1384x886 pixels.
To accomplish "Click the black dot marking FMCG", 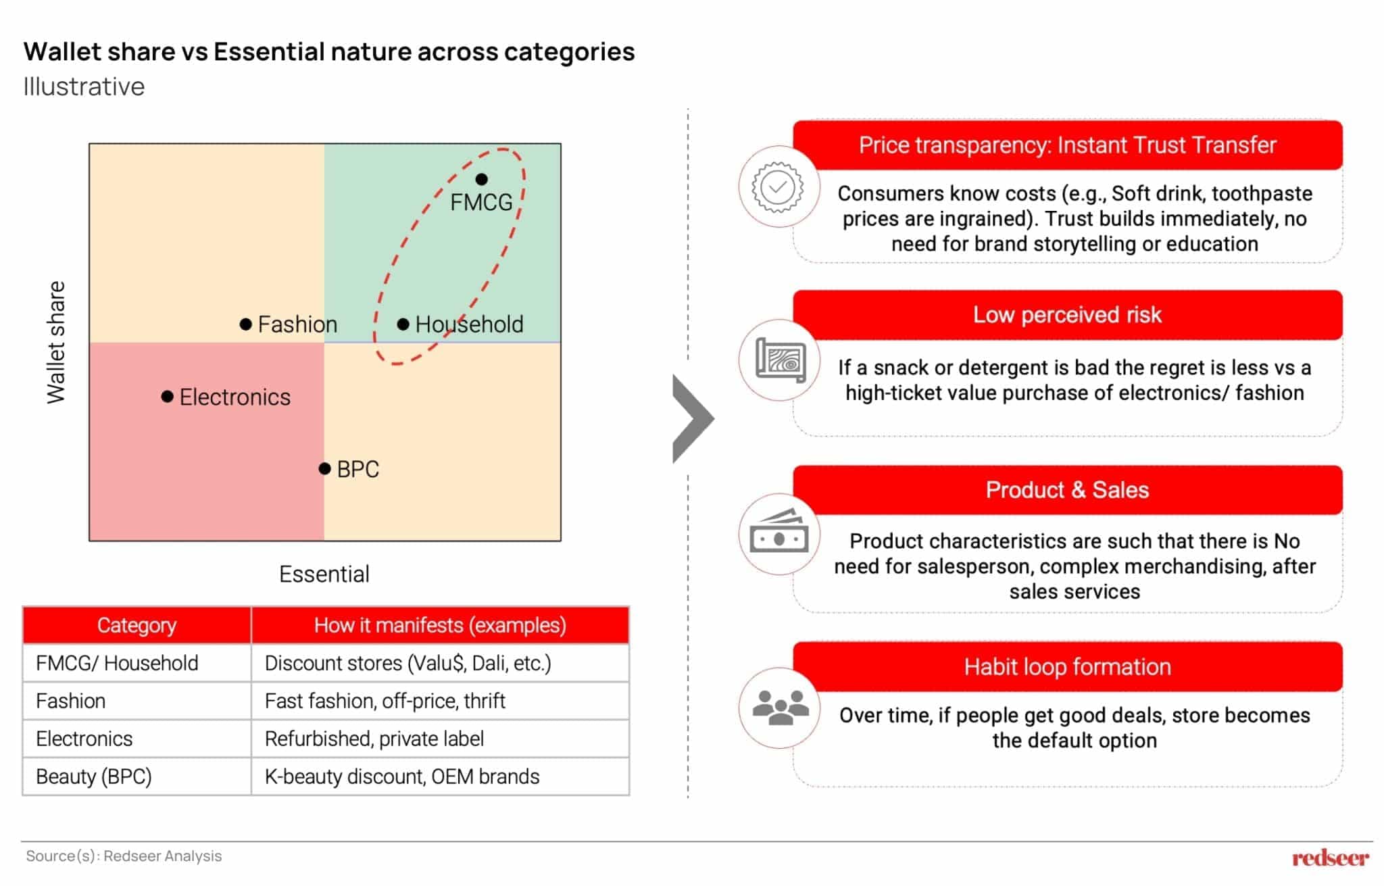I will click(481, 179).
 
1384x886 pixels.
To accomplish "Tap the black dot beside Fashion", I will click(246, 324).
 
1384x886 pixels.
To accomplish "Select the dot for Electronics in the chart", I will click(167, 397).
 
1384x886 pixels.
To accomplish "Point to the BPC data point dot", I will click(324, 468).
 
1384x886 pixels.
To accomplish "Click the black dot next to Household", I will click(403, 324).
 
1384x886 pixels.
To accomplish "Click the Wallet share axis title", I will click(56, 342).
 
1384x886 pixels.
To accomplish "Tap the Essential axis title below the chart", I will click(324, 574).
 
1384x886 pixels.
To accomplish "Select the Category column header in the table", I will click(137, 625).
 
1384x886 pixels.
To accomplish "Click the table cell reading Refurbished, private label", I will click(374, 739).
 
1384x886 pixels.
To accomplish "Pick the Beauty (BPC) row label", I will click(94, 777).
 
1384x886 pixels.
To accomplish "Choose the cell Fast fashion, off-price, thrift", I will click(385, 701).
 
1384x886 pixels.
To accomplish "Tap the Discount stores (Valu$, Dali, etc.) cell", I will click(407, 663).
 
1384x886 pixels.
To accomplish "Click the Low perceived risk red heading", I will click(1067, 315).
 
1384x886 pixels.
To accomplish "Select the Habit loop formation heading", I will click(1067, 667).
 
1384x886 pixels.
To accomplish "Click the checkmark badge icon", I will click(778, 187).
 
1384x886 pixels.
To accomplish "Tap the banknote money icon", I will click(778, 534).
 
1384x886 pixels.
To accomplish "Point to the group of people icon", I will click(780, 708).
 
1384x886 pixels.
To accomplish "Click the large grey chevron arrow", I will click(692, 419).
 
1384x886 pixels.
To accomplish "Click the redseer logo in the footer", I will click(1329, 858).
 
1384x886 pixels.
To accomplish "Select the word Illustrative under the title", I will click(84, 87).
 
